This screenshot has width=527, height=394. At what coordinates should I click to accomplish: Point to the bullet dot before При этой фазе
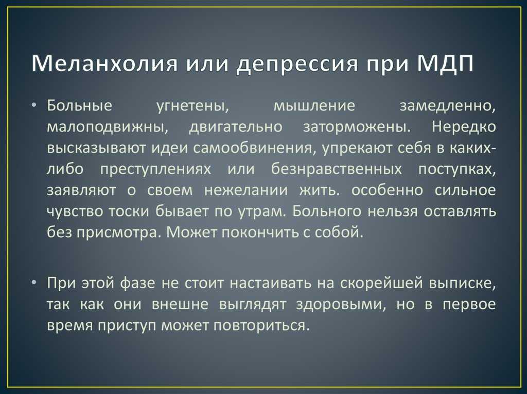pyautogui.click(x=33, y=283)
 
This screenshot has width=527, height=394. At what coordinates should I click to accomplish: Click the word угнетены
pyautogui.click(x=192, y=106)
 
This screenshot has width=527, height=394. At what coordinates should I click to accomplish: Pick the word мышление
pyautogui.click(x=314, y=106)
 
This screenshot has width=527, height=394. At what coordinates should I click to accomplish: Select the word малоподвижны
pyautogui.click(x=108, y=127)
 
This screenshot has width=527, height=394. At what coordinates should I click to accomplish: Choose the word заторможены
pyautogui.click(x=356, y=127)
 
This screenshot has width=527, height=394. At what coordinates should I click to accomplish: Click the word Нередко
pyautogui.click(x=464, y=127)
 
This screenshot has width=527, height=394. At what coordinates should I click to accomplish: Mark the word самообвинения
pyautogui.click(x=254, y=148)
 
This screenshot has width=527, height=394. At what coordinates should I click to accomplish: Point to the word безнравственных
pyautogui.click(x=337, y=169)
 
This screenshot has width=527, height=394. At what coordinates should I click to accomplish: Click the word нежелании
pyautogui.click(x=246, y=191)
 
